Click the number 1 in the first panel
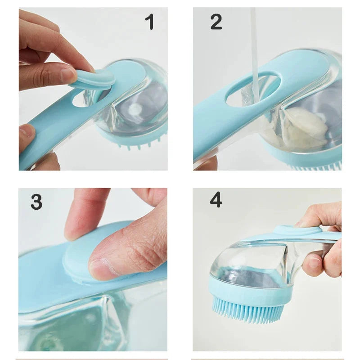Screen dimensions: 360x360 (149, 22)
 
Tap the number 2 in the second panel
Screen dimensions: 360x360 (216, 22)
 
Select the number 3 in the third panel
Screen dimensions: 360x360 (36, 202)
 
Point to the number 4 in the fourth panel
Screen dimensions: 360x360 (216, 199)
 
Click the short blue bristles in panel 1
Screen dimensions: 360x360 (135, 143)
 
